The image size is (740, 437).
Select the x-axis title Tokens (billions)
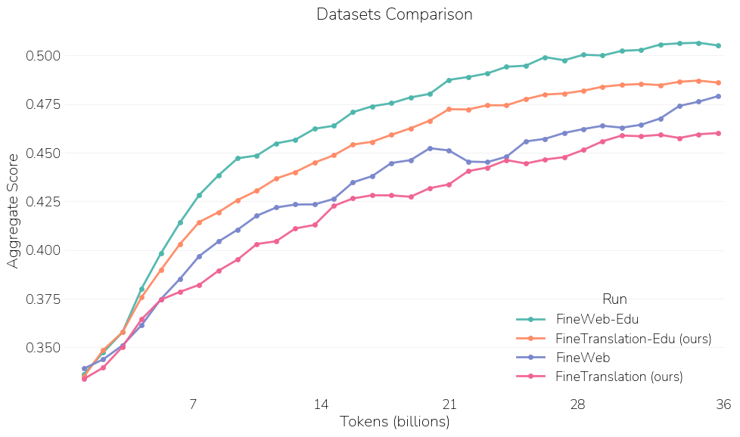point(394,421)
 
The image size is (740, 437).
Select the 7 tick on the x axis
point(193,404)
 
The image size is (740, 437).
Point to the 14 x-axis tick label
point(321,404)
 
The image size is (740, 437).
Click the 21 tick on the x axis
point(449,404)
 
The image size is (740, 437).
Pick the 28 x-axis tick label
point(577,404)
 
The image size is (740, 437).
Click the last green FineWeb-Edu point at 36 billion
point(717,45)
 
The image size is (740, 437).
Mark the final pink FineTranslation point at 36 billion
point(717,133)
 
